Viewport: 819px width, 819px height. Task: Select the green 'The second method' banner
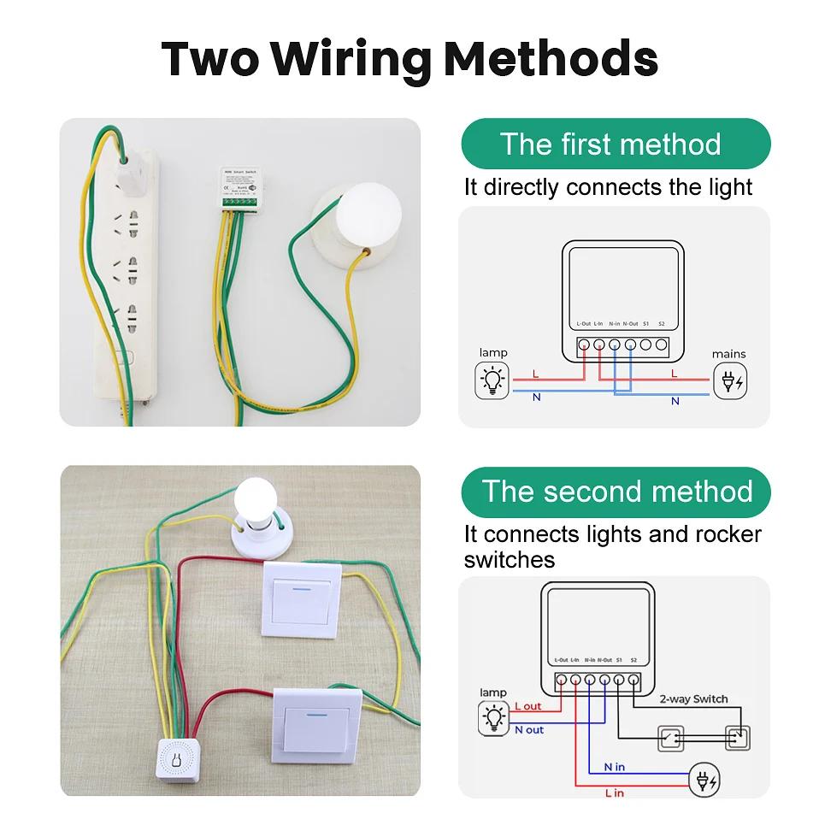[616, 492]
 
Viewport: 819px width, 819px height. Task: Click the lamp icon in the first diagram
[492, 380]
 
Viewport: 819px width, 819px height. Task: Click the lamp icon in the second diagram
[494, 717]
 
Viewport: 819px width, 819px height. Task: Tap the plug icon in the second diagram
[707, 779]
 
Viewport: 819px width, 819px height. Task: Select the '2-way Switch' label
[693, 698]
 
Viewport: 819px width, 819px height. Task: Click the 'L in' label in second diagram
[614, 792]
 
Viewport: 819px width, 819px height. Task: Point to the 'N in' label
[614, 767]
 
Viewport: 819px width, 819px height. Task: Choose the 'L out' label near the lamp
[528, 706]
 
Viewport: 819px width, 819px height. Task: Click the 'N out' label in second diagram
[529, 729]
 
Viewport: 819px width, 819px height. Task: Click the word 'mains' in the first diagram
[728, 353]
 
